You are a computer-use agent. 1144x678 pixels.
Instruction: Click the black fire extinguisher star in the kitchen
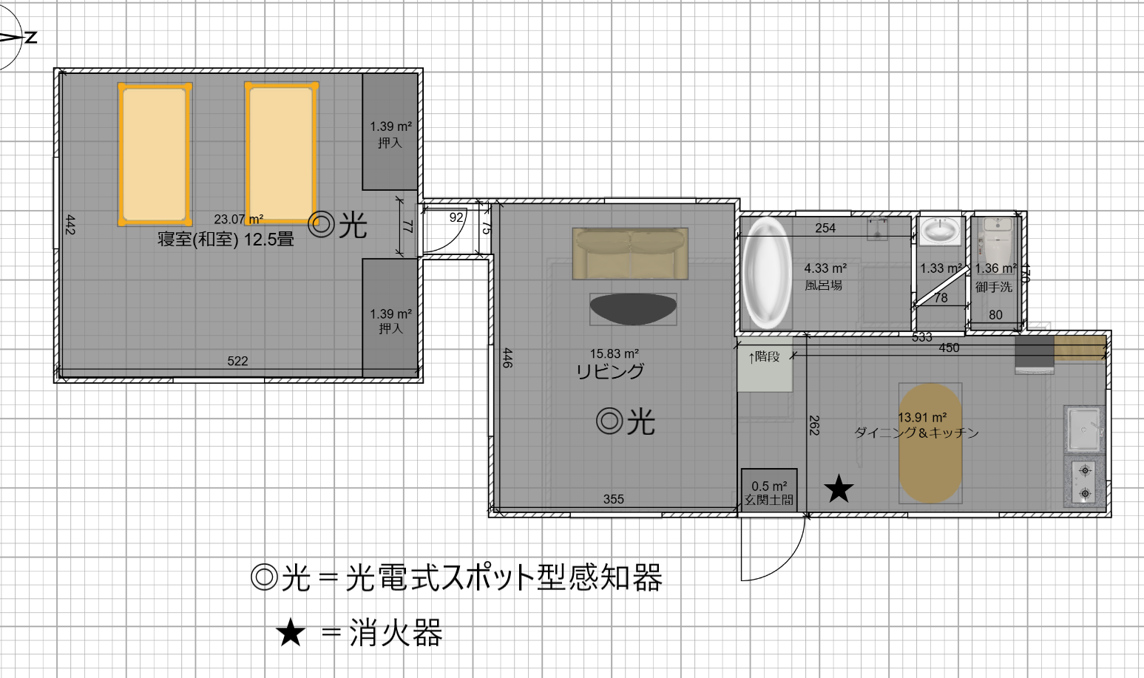coord(839,488)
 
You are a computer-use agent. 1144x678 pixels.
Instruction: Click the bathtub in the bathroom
coord(765,273)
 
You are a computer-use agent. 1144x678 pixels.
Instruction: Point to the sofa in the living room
coord(630,254)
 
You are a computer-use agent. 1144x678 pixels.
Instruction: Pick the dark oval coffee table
coord(633,309)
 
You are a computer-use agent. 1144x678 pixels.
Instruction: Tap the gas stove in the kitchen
coord(1085,481)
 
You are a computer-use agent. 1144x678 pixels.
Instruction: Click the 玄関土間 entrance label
coord(769,500)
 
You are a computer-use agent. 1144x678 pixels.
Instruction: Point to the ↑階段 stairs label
coord(764,357)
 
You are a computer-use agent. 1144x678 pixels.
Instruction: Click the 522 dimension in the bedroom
coord(237,361)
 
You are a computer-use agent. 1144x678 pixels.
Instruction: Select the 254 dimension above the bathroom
coord(825,228)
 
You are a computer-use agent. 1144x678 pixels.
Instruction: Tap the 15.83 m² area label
coord(614,353)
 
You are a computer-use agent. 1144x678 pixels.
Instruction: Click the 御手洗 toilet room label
coord(994,286)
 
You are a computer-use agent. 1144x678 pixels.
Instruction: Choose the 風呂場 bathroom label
coord(824,285)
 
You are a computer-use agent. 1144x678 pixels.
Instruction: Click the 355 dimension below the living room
coord(613,499)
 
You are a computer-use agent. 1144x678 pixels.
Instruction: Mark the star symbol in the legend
coord(291,633)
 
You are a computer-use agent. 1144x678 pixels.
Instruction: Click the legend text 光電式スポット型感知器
coord(504,577)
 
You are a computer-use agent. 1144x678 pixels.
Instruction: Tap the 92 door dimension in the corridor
coord(456,217)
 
